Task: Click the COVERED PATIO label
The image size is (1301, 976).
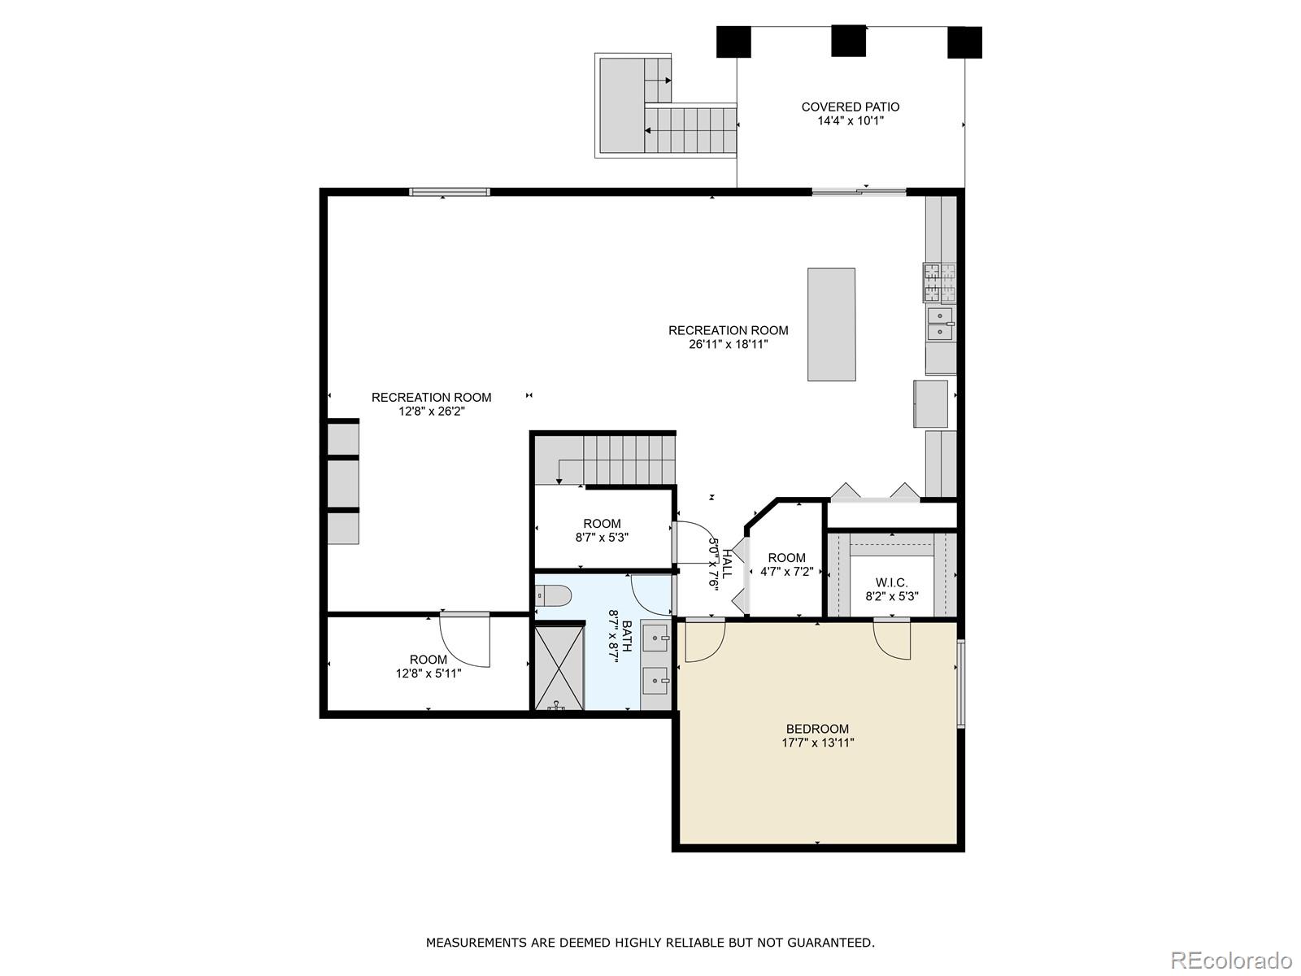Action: pyautogui.click(x=850, y=107)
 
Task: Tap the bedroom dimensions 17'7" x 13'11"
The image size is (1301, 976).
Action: pyautogui.click(x=817, y=743)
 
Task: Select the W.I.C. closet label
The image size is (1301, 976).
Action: pyautogui.click(x=891, y=582)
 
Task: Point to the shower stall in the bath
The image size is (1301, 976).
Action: pyautogui.click(x=559, y=666)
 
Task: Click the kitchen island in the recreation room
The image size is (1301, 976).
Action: pyautogui.click(x=831, y=324)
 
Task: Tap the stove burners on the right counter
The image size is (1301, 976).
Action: pyautogui.click(x=939, y=281)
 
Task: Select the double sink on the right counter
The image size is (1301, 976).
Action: pyautogui.click(x=940, y=323)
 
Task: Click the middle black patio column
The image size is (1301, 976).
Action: pyautogui.click(x=848, y=41)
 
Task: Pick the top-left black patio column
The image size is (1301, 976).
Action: pyautogui.click(x=733, y=41)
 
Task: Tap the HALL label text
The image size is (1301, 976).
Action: pyautogui.click(x=726, y=563)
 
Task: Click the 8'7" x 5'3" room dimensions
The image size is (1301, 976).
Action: pyautogui.click(x=602, y=538)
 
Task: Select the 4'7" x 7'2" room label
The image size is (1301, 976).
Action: pyautogui.click(x=786, y=557)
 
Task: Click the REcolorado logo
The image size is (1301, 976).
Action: pyautogui.click(x=1231, y=960)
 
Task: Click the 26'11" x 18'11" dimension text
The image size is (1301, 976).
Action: pyautogui.click(x=728, y=344)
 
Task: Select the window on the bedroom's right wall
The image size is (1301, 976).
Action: pyautogui.click(x=960, y=683)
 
